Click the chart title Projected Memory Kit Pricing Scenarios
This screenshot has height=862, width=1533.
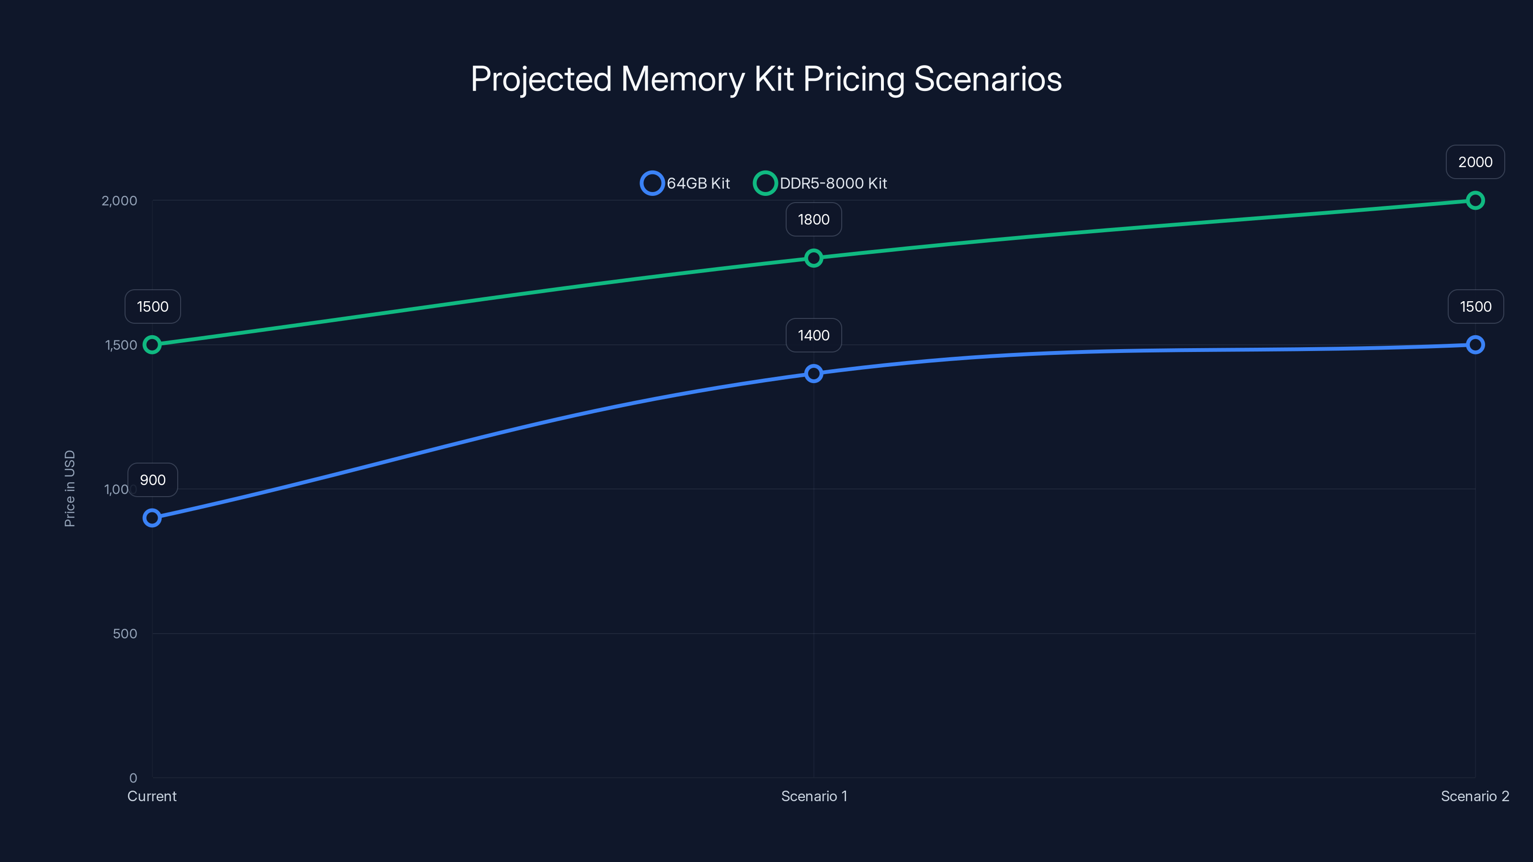tap(766, 79)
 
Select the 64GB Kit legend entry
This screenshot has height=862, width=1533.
tap(685, 183)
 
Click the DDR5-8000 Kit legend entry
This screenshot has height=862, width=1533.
tap(821, 183)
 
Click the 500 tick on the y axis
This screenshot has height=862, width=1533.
tap(125, 634)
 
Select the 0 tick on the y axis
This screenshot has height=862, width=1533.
tap(133, 778)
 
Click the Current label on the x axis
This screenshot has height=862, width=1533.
tap(152, 796)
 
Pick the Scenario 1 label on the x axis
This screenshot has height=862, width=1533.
tap(813, 796)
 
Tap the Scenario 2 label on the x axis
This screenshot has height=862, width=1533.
tap(1475, 796)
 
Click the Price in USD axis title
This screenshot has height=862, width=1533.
tap(69, 488)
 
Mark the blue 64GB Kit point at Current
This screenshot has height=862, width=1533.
tap(152, 518)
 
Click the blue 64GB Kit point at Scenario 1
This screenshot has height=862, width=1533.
tap(813, 374)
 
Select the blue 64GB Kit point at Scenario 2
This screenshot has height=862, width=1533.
tap(1475, 345)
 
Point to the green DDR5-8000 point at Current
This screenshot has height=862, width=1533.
tap(152, 345)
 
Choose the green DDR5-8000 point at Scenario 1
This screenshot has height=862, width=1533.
tap(813, 258)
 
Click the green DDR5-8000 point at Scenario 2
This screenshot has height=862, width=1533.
tap(1475, 201)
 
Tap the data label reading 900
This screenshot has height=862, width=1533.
tap(153, 480)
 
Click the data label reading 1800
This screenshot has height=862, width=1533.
tap(813, 219)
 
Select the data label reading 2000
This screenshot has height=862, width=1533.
tap(1475, 162)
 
